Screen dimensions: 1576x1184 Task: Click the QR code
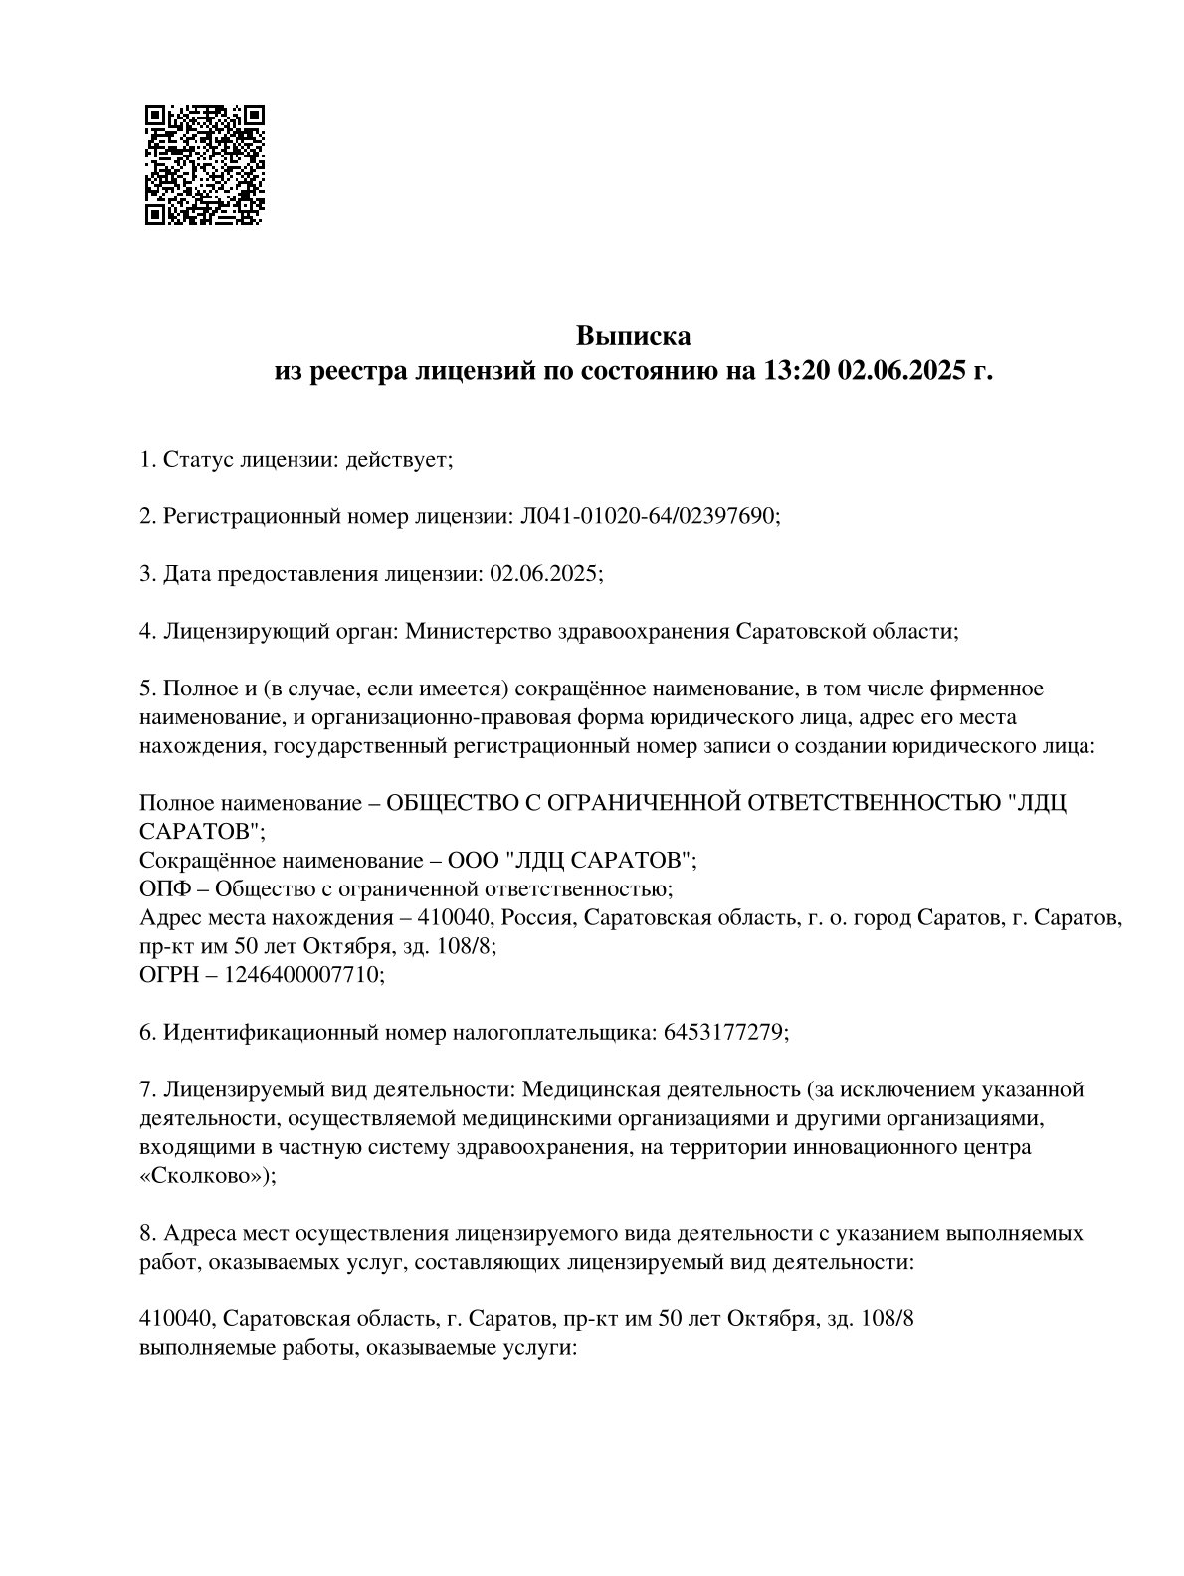(204, 164)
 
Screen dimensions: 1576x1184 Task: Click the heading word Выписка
(633, 336)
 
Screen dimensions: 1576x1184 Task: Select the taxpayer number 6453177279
(722, 1033)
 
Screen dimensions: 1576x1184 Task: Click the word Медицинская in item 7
(589, 1089)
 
